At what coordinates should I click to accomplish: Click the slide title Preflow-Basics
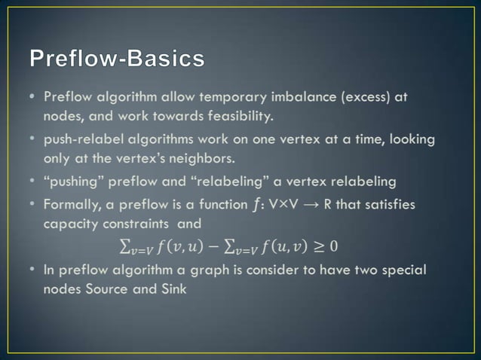(x=117, y=59)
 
